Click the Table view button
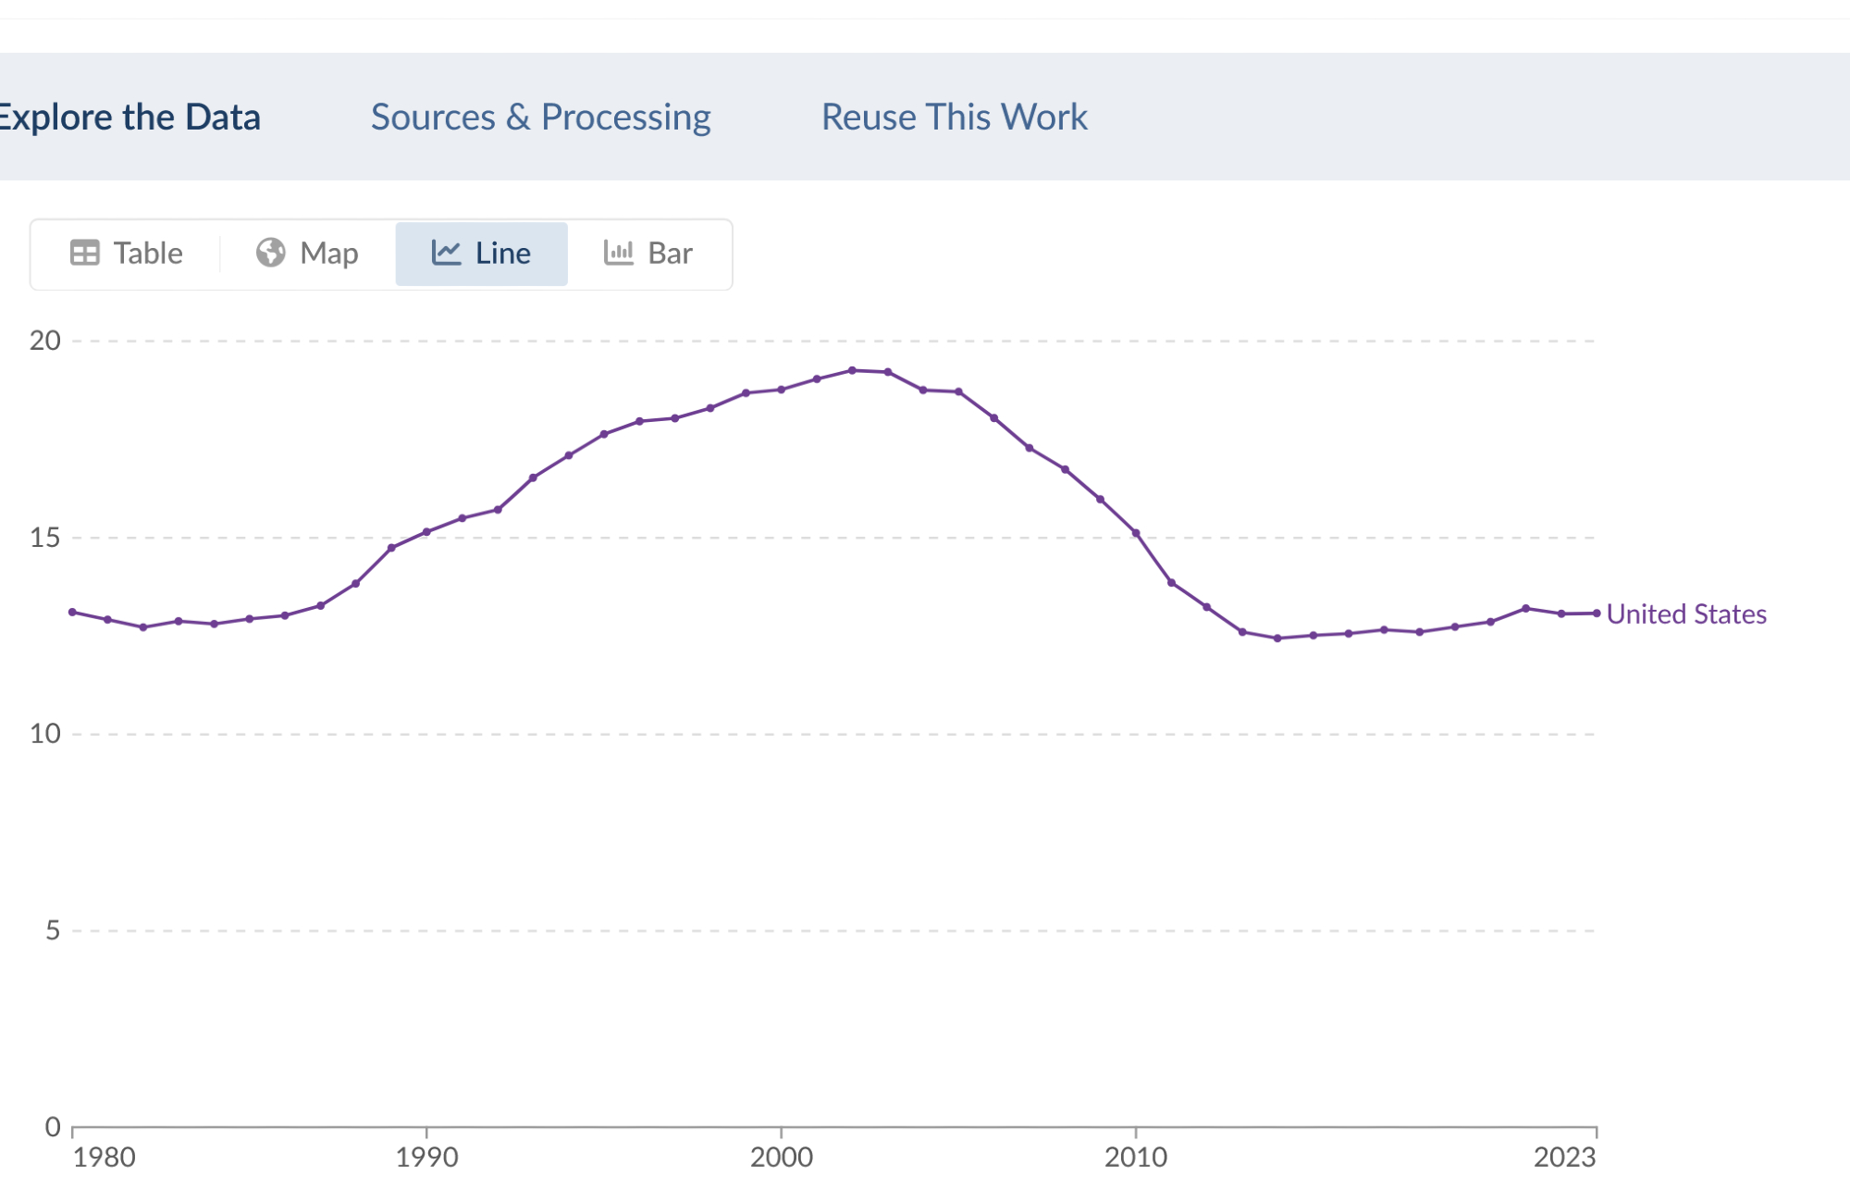coord(127,254)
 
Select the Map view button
coord(307,254)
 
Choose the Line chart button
coord(481,254)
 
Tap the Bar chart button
coord(648,254)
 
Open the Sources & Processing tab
coord(540,118)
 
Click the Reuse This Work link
coord(954,118)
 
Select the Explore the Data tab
coord(129,118)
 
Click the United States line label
coord(1685,614)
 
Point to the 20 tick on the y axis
coord(44,341)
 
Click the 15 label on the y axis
coord(44,538)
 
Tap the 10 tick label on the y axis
coord(44,734)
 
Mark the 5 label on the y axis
coord(53,930)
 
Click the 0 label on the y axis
coord(53,1126)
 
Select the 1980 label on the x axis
coord(105,1158)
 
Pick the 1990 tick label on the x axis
coord(426,1158)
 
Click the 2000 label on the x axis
coord(781,1158)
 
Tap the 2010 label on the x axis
coord(1136,1158)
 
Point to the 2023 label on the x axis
coord(1564,1158)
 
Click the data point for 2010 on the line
coord(1136,533)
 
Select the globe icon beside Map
coord(270,253)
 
